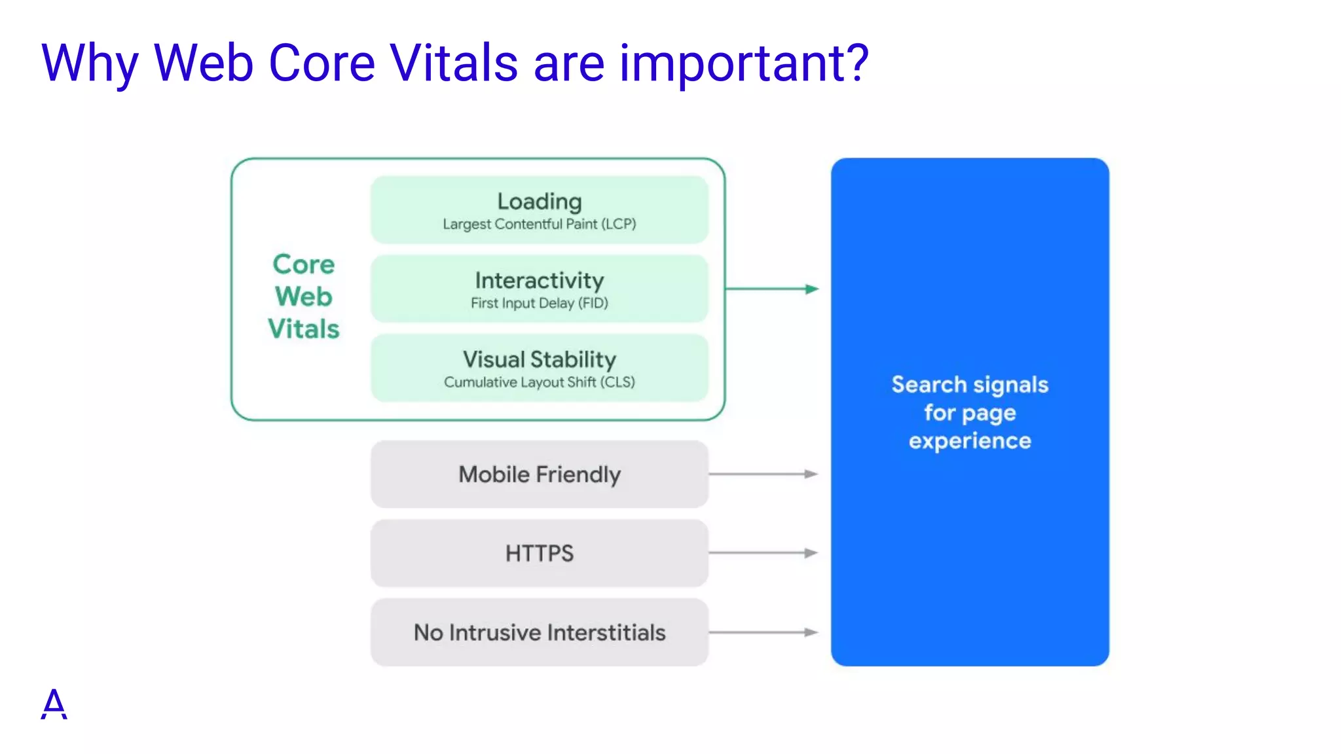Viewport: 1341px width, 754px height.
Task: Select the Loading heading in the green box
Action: (x=539, y=201)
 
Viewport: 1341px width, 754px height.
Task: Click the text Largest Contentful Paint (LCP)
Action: (x=539, y=224)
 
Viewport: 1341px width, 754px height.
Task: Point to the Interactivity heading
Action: (x=539, y=280)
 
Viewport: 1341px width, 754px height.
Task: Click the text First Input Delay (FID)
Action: (x=539, y=303)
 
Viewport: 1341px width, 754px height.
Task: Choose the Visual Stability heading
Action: (x=539, y=359)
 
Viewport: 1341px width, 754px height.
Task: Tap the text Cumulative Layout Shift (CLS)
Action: (x=539, y=382)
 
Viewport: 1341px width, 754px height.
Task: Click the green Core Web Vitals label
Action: (x=304, y=296)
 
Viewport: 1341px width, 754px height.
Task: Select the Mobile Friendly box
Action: (x=539, y=475)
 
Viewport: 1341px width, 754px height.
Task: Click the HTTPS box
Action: (x=539, y=554)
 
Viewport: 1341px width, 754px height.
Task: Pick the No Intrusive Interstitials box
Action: (x=539, y=632)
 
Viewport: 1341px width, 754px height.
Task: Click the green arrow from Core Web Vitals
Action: (x=772, y=289)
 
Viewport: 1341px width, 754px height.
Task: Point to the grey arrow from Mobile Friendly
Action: (x=763, y=474)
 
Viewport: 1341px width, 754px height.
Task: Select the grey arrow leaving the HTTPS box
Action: (x=763, y=553)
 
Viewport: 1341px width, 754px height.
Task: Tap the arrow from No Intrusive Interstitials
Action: (x=763, y=632)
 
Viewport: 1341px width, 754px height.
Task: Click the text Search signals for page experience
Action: (x=970, y=412)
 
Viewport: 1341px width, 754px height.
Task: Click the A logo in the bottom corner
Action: (x=54, y=704)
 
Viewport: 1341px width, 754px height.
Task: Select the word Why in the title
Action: (x=90, y=63)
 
